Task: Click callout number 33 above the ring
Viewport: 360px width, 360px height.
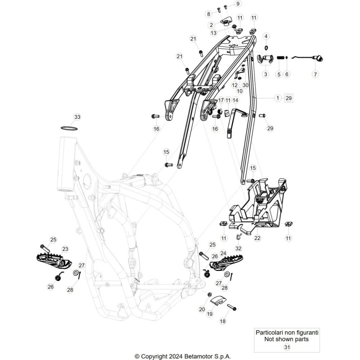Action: point(77,117)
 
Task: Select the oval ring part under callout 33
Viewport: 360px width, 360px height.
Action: point(69,128)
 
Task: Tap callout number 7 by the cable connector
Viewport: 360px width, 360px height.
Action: point(315,74)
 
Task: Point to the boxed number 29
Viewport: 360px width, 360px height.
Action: point(288,98)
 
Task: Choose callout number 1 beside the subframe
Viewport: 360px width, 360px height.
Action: point(278,98)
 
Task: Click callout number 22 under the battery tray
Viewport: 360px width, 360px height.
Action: point(257,238)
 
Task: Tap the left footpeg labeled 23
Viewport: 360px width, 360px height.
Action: point(54,261)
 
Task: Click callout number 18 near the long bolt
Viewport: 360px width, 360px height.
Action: point(223,321)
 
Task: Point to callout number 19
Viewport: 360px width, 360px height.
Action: point(210,314)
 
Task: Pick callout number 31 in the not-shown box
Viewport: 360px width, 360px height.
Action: point(287,347)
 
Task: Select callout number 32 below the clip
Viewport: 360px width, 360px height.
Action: point(238,248)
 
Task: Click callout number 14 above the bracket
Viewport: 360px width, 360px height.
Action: point(235,100)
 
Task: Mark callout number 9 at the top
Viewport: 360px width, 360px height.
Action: point(238,4)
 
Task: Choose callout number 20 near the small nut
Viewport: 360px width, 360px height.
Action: point(202,309)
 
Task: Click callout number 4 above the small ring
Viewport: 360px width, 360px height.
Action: point(266,36)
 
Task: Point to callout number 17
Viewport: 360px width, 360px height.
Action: point(221,100)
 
